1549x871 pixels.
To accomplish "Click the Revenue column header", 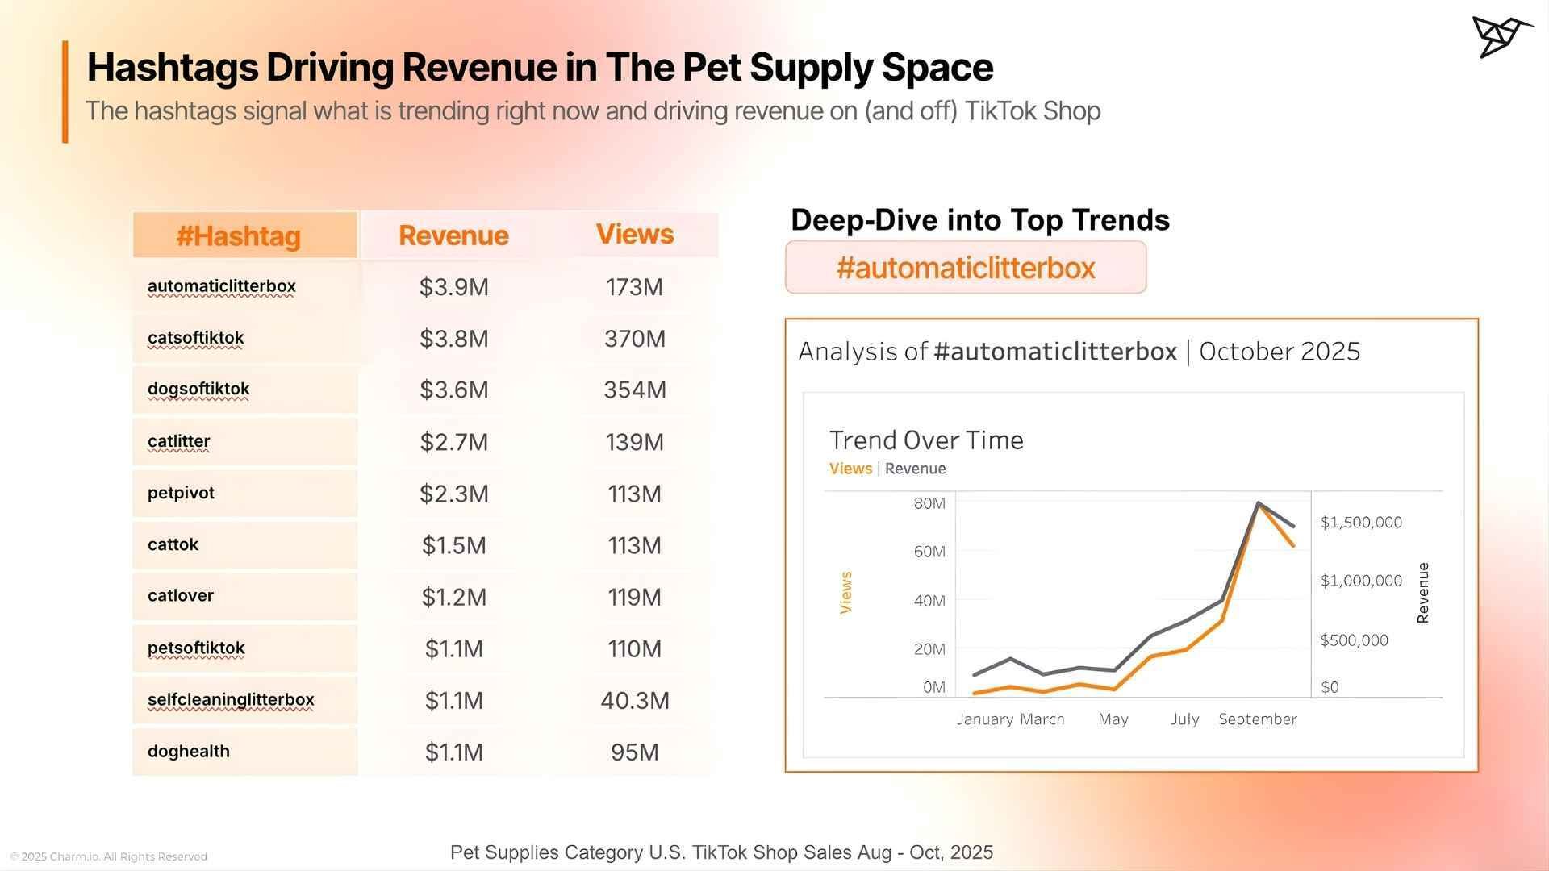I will pos(453,235).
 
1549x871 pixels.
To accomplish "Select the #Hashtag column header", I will pos(239,236).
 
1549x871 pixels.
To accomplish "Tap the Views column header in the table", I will pos(635,234).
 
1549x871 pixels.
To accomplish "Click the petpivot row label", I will pos(182,493).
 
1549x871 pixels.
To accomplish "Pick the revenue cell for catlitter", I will pos(453,442).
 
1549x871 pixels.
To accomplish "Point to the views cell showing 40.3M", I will pos(635,700).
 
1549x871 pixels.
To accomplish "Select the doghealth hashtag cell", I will pos(189,751).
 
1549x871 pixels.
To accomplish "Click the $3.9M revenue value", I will pos(453,287).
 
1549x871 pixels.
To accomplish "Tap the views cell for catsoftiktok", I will pos(635,339).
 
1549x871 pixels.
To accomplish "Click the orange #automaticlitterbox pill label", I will pos(966,268).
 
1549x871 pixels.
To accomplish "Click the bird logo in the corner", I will pos(1501,35).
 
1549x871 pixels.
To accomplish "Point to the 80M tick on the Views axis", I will pos(929,503).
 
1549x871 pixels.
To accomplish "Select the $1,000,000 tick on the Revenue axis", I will pos(1361,581).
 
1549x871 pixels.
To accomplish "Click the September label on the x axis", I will pos(1258,719).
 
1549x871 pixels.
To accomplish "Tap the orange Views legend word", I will pos(850,469).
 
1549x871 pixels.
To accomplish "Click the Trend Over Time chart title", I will pos(926,440).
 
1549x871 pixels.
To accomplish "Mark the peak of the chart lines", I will pos(1259,503).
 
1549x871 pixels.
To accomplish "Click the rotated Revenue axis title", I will pos(1423,593).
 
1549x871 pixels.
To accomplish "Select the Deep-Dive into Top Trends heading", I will pos(979,219).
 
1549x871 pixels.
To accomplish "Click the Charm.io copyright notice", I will pos(109,856).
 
